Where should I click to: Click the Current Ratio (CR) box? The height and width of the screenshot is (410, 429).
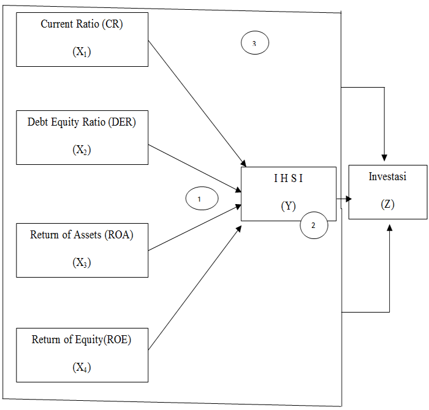point(82,39)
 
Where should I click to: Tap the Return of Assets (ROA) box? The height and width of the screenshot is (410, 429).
point(82,249)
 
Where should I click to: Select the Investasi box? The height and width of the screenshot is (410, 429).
point(388,191)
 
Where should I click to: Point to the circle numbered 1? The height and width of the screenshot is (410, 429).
point(201,199)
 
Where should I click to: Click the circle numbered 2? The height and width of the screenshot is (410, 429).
point(314,226)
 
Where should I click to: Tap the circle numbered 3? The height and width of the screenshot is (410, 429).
point(254,44)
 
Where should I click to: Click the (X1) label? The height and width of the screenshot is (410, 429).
point(82,52)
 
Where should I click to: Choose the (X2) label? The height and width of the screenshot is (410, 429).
point(82,150)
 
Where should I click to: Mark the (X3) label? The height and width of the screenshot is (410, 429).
point(82,262)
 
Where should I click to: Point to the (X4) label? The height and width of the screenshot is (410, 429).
point(82,368)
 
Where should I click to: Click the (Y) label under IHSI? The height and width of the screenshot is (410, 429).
point(288,206)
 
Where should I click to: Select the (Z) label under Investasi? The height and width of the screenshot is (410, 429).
point(387,204)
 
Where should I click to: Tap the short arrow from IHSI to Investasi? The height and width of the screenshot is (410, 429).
point(343,199)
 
